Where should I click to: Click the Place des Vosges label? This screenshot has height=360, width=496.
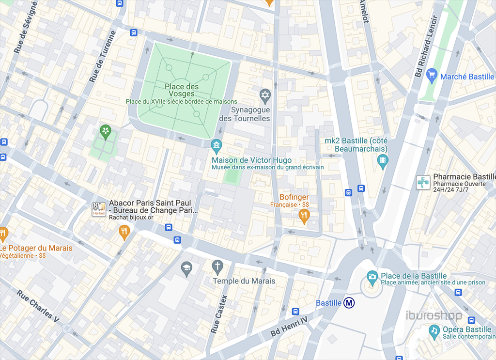point(182,90)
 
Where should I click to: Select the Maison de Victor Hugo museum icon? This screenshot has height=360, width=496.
point(217,144)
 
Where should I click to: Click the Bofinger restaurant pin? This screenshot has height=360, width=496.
point(304,215)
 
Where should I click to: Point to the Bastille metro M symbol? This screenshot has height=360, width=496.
point(349,303)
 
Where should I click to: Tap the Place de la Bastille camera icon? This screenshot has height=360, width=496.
point(372,277)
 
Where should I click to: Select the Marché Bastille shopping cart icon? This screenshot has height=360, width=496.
point(432,75)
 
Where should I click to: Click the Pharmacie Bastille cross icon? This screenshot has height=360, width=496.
point(423,182)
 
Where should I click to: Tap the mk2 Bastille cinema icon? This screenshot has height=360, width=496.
point(383,160)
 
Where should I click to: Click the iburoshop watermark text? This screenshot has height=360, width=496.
point(434,316)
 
